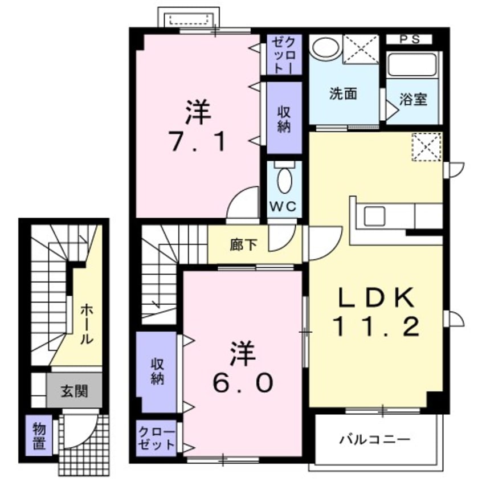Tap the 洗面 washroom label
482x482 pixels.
pos(343,94)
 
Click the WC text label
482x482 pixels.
pos(283,207)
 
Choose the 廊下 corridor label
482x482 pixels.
pos(243,246)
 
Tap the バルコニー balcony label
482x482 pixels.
pos(375,440)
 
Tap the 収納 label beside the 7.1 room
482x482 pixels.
pos(284,119)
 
